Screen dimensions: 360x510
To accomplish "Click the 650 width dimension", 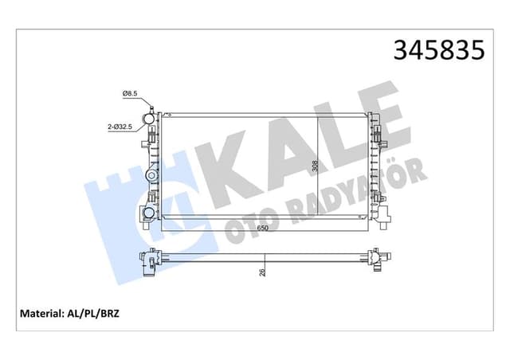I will [262, 227].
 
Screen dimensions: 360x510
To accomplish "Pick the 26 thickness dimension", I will [262, 272].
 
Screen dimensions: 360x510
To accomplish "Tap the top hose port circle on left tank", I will [147, 121].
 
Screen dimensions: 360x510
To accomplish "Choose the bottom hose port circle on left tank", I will [147, 213].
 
